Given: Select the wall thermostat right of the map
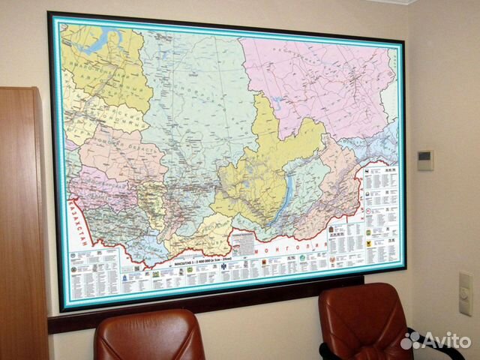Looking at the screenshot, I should [424, 160].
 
